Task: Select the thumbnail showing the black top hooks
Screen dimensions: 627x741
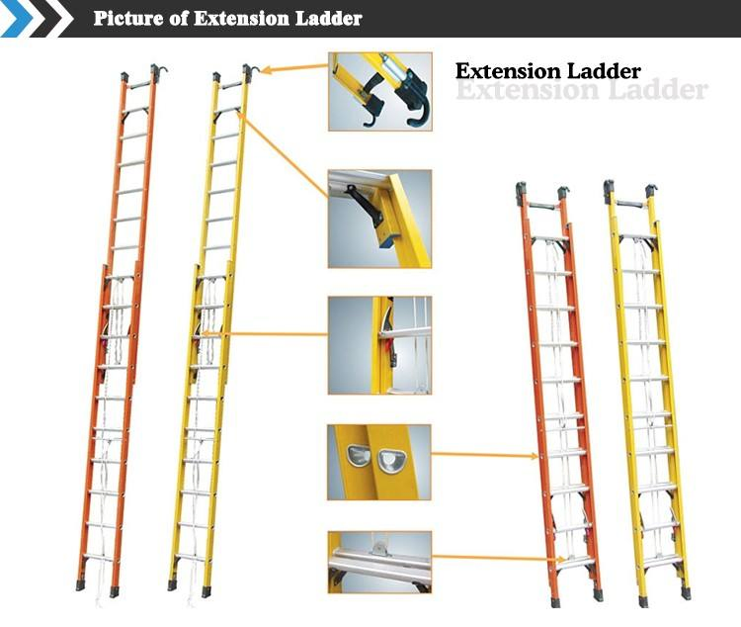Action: tap(379, 91)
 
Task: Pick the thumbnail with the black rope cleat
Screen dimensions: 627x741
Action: tap(379, 219)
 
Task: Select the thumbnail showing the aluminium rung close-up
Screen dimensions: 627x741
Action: tap(379, 562)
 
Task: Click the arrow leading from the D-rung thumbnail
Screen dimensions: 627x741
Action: tap(485, 456)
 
